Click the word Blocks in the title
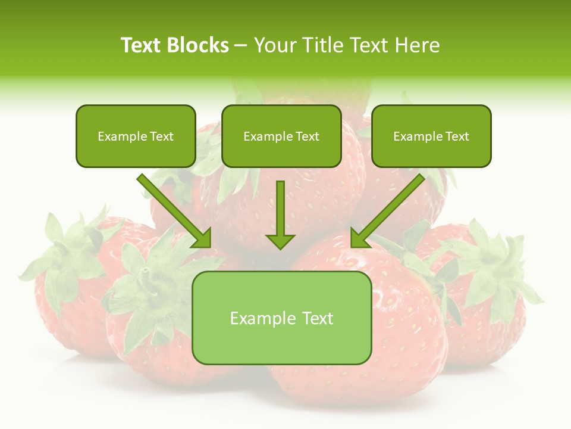pyautogui.click(x=199, y=45)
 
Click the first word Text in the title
pyautogui.click(x=141, y=45)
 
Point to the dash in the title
pyautogui.click(x=241, y=46)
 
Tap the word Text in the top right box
pyautogui.click(x=457, y=136)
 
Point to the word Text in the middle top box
pyautogui.click(x=307, y=136)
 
